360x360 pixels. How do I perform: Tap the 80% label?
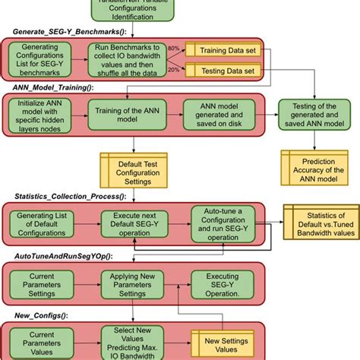click(174, 47)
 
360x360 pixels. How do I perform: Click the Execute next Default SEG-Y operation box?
click(134, 224)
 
